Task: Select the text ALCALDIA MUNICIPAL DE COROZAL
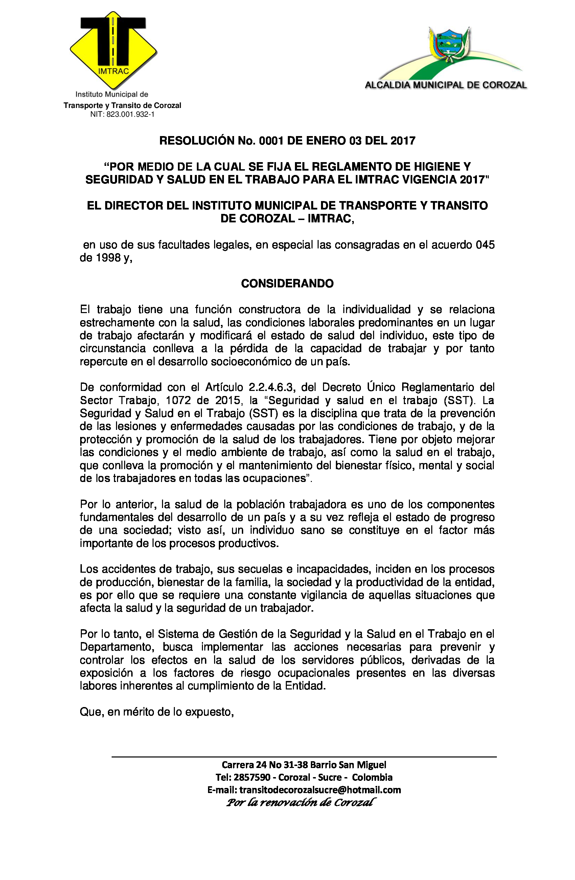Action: (445, 85)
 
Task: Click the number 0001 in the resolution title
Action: (271, 141)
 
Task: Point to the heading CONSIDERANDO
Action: (287, 284)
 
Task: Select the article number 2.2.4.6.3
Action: (271, 387)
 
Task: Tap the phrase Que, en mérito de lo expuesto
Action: (157, 712)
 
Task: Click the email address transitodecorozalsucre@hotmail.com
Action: (320, 790)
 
